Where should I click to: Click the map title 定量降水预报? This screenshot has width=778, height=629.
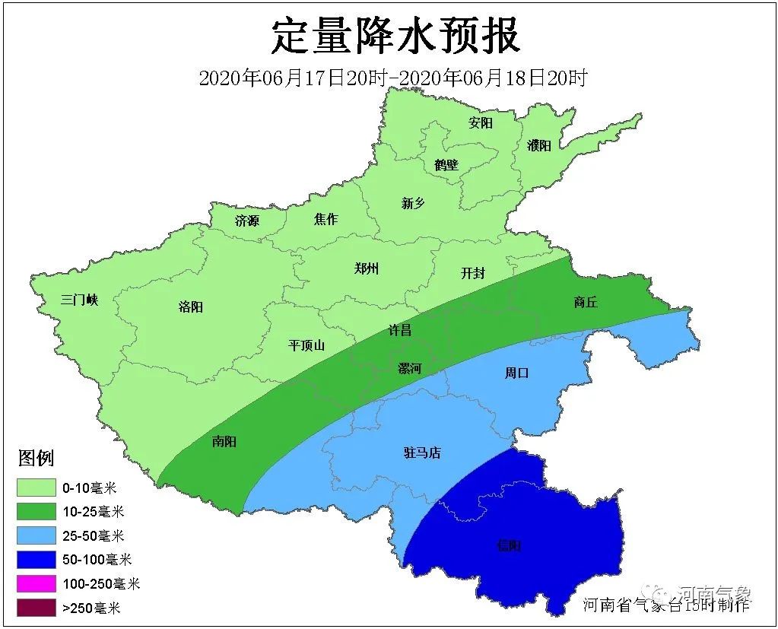click(x=396, y=36)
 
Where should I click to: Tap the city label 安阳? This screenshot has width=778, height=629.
click(x=481, y=123)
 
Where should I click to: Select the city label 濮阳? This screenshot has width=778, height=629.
click(x=538, y=145)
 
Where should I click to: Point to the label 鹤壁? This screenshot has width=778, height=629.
click(x=446, y=164)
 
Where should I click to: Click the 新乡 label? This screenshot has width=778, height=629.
click(x=413, y=203)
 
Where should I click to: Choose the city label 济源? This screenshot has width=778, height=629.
click(x=247, y=221)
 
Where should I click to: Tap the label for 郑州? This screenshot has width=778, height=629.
click(x=367, y=268)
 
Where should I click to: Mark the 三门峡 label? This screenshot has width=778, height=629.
click(x=80, y=300)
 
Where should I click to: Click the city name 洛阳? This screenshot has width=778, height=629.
click(x=191, y=307)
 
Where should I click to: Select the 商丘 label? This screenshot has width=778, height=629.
click(x=586, y=302)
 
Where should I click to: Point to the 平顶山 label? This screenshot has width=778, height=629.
click(x=306, y=345)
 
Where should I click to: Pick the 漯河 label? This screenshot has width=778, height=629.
click(x=410, y=369)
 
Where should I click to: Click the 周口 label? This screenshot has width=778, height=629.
click(x=516, y=373)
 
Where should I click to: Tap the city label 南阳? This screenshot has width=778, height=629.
click(x=224, y=442)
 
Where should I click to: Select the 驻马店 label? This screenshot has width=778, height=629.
click(x=422, y=453)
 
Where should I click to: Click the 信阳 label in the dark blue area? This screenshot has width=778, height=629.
click(x=510, y=545)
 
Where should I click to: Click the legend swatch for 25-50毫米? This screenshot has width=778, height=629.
click(x=37, y=535)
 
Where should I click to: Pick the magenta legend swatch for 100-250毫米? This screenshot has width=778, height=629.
click(x=37, y=584)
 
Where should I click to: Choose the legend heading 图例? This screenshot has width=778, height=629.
click(x=36, y=458)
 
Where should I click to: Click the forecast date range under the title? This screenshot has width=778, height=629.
click(x=393, y=78)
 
